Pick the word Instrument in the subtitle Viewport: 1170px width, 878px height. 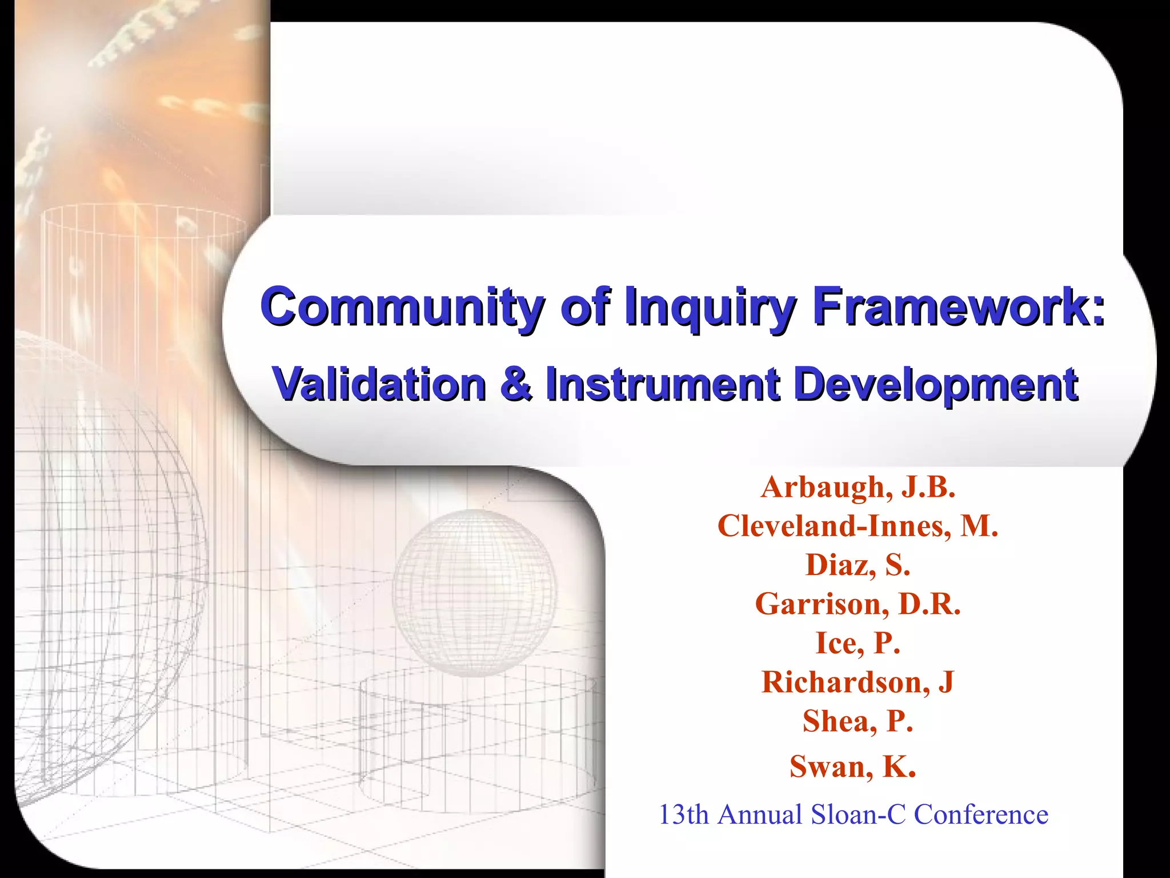click(x=663, y=384)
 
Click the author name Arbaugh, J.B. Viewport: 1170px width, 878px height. click(x=858, y=488)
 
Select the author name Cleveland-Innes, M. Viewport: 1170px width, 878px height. click(x=858, y=526)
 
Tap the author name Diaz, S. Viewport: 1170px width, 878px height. click(x=858, y=565)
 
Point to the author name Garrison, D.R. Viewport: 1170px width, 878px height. click(x=858, y=604)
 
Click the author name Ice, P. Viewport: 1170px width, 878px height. click(x=858, y=643)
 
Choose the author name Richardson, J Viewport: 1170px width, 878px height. click(x=858, y=682)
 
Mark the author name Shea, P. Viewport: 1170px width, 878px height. click(x=858, y=721)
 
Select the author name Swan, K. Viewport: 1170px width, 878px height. click(x=852, y=767)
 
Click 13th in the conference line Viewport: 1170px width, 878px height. click(x=684, y=815)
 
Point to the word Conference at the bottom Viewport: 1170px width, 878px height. click(x=981, y=815)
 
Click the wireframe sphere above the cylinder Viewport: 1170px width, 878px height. click(x=474, y=592)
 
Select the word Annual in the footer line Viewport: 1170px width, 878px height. click(x=760, y=815)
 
